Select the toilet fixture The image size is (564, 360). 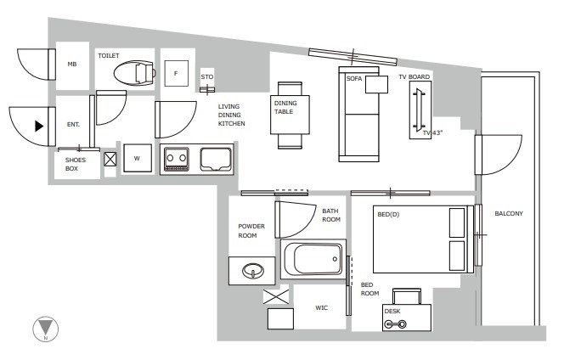tap(137, 75)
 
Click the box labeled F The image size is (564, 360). tap(175, 74)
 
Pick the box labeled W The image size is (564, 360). tap(137, 157)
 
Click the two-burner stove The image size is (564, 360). tap(177, 159)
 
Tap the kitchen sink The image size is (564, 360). tap(215, 159)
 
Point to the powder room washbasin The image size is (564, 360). tap(252, 272)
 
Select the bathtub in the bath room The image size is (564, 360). tap(312, 258)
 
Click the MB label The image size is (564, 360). tap(72, 65)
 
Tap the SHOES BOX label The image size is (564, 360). tap(76, 164)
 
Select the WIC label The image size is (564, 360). tap(322, 308)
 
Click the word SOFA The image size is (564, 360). tap(354, 78)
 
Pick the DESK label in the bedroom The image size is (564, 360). tap(392, 312)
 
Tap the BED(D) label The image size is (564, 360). tap(388, 214)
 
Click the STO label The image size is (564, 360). tap(206, 76)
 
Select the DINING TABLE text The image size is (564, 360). tap(285, 107)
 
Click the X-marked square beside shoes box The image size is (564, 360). tap(110, 159)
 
